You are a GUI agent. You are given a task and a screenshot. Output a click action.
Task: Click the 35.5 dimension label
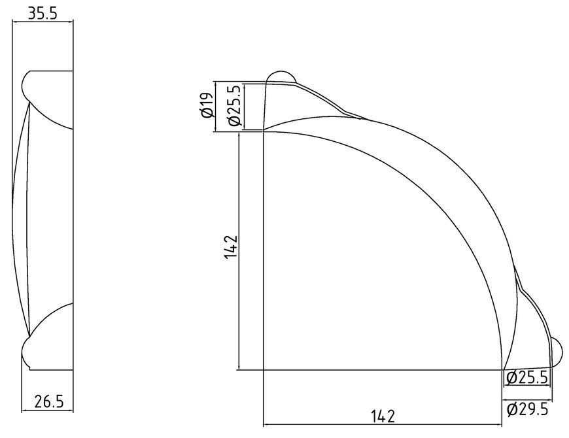(x=43, y=14)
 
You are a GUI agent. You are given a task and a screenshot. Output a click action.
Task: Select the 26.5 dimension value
(x=49, y=401)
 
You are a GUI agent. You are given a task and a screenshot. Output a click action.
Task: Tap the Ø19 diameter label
(x=206, y=105)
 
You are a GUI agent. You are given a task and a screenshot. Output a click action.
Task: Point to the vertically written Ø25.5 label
(x=233, y=105)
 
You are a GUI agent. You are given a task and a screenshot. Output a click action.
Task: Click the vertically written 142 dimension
(x=231, y=247)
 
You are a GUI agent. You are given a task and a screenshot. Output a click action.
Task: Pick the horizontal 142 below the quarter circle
(x=383, y=416)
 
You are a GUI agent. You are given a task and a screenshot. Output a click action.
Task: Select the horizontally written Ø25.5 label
(x=526, y=378)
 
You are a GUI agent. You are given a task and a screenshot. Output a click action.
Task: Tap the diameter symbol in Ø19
(x=206, y=114)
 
